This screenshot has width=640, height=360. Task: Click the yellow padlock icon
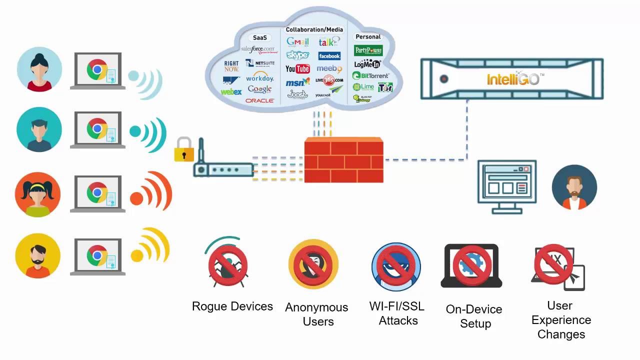(183, 149)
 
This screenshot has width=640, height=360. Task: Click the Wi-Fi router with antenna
(223, 167)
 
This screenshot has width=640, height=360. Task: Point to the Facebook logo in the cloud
(329, 56)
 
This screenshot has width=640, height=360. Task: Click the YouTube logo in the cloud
(297, 69)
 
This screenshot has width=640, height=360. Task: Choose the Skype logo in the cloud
(297, 55)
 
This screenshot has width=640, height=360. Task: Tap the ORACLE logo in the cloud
(259, 100)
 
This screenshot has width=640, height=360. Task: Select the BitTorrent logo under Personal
(370, 76)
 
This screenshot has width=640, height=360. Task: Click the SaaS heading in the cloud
(260, 37)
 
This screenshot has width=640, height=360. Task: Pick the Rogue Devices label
(232, 306)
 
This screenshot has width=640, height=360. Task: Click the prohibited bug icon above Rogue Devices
(228, 264)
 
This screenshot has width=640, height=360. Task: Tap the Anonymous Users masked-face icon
(313, 264)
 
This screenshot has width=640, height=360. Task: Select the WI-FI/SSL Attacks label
(397, 313)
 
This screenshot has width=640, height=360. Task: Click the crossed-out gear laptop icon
(471, 265)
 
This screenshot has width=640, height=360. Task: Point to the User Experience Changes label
(561, 320)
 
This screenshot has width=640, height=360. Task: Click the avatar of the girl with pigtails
(38, 194)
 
